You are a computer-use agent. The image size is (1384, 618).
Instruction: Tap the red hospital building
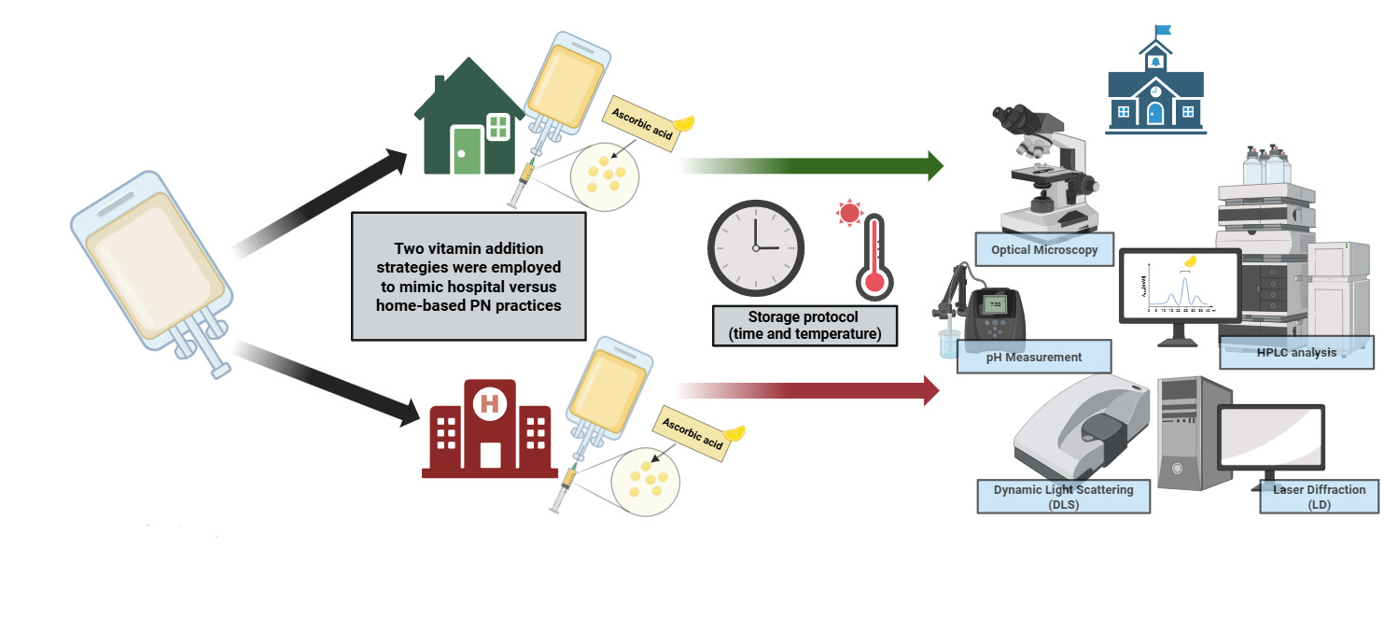click(489, 433)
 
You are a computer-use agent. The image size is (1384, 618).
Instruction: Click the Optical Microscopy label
click(1044, 249)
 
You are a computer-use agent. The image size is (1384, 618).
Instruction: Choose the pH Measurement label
click(1034, 357)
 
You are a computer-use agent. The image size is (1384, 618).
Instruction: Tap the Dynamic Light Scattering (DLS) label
click(1063, 497)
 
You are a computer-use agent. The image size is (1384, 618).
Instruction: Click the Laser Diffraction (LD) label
click(1319, 497)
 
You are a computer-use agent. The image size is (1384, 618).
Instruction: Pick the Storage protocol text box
click(804, 326)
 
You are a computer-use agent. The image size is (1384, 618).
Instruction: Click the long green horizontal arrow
click(812, 166)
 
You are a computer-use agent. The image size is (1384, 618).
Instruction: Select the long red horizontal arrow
click(807, 389)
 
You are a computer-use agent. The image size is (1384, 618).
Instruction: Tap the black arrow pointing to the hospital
click(327, 383)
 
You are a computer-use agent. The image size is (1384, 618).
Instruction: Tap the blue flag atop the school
click(1163, 33)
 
